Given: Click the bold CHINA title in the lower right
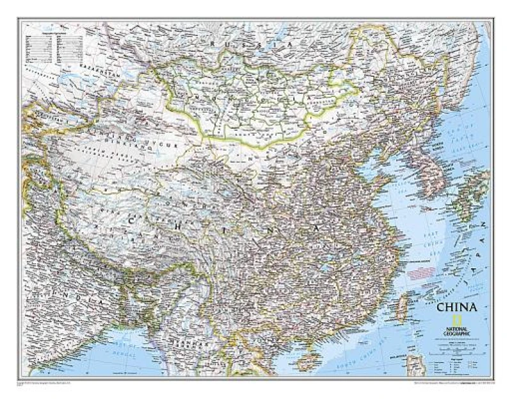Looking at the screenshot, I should (x=456, y=307).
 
